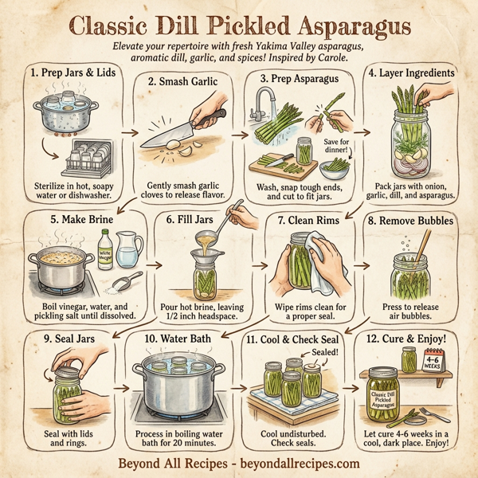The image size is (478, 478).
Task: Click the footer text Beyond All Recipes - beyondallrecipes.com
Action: pos(239,463)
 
